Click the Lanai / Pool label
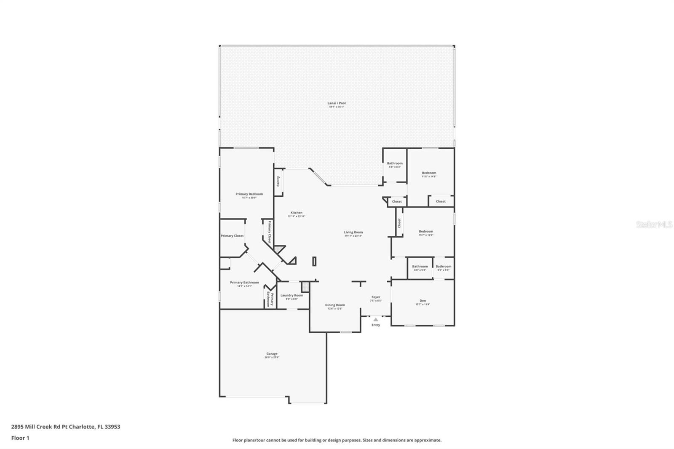point(337,103)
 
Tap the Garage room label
point(272,354)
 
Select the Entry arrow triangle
point(376,320)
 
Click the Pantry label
point(278,181)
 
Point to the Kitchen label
point(296,213)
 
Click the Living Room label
point(353,232)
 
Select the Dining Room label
point(335,305)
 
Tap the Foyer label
point(376,297)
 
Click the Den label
point(423,301)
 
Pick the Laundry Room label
point(292,295)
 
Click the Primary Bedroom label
point(249,194)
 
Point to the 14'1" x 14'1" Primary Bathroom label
point(244,283)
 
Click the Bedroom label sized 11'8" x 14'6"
point(429,173)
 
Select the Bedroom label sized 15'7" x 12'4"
point(426,231)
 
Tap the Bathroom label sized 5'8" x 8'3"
point(395,163)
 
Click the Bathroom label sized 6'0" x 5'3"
point(420,266)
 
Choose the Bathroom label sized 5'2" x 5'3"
point(443,266)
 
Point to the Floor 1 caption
point(20,438)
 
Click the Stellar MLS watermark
point(654,225)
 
